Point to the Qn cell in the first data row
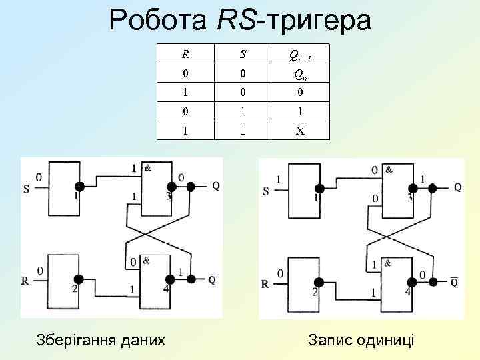(301, 75)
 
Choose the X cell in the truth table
(301, 131)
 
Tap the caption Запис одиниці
(361, 339)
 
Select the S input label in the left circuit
(26, 189)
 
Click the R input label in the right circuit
(265, 283)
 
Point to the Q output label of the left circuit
(215, 186)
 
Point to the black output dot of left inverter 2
(79, 279)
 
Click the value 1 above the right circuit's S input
(278, 179)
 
